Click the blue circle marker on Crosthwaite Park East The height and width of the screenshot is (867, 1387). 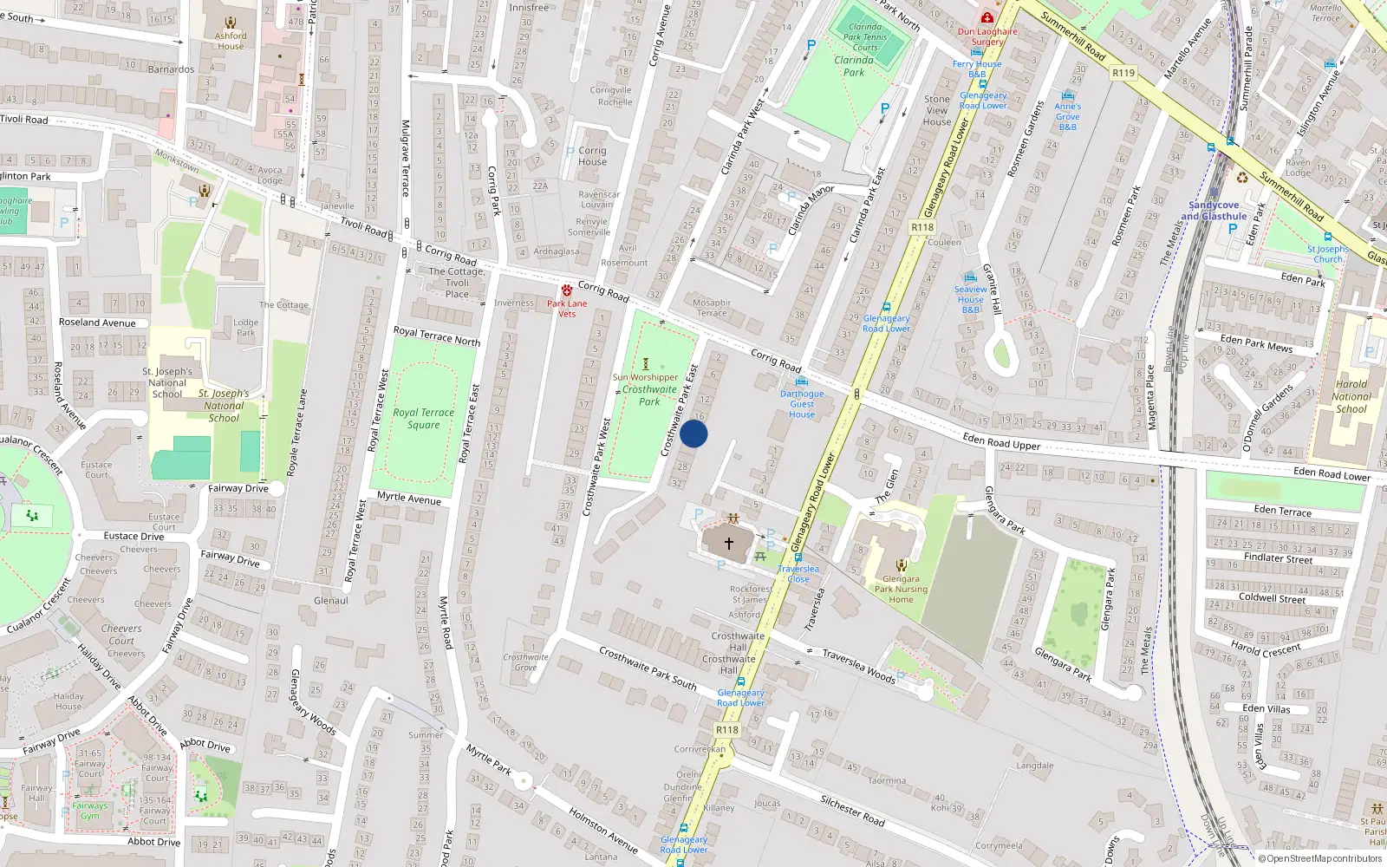tap(693, 433)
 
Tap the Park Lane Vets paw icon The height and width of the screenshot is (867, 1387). tap(566, 290)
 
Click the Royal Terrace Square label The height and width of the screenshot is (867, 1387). tap(423, 418)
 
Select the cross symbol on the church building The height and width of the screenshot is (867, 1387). tap(728, 544)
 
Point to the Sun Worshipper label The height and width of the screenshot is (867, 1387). tap(645, 377)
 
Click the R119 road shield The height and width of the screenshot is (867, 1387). tap(1123, 73)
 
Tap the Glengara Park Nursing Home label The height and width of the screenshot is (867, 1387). tap(901, 589)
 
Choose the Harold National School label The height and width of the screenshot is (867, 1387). tap(1351, 396)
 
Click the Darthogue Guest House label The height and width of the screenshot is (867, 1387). tap(802, 403)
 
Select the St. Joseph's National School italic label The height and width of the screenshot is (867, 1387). tap(224, 405)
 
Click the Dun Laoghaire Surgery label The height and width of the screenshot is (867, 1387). tap(987, 36)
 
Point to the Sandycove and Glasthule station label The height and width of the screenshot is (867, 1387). tap(1214, 211)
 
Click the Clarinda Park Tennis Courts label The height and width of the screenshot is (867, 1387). tap(865, 37)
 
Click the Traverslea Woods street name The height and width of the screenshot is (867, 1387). tap(858, 666)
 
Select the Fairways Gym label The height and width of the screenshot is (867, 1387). tap(90, 811)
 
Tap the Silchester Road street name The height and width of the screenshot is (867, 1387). tap(852, 811)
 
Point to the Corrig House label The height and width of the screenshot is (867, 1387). tap(592, 156)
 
